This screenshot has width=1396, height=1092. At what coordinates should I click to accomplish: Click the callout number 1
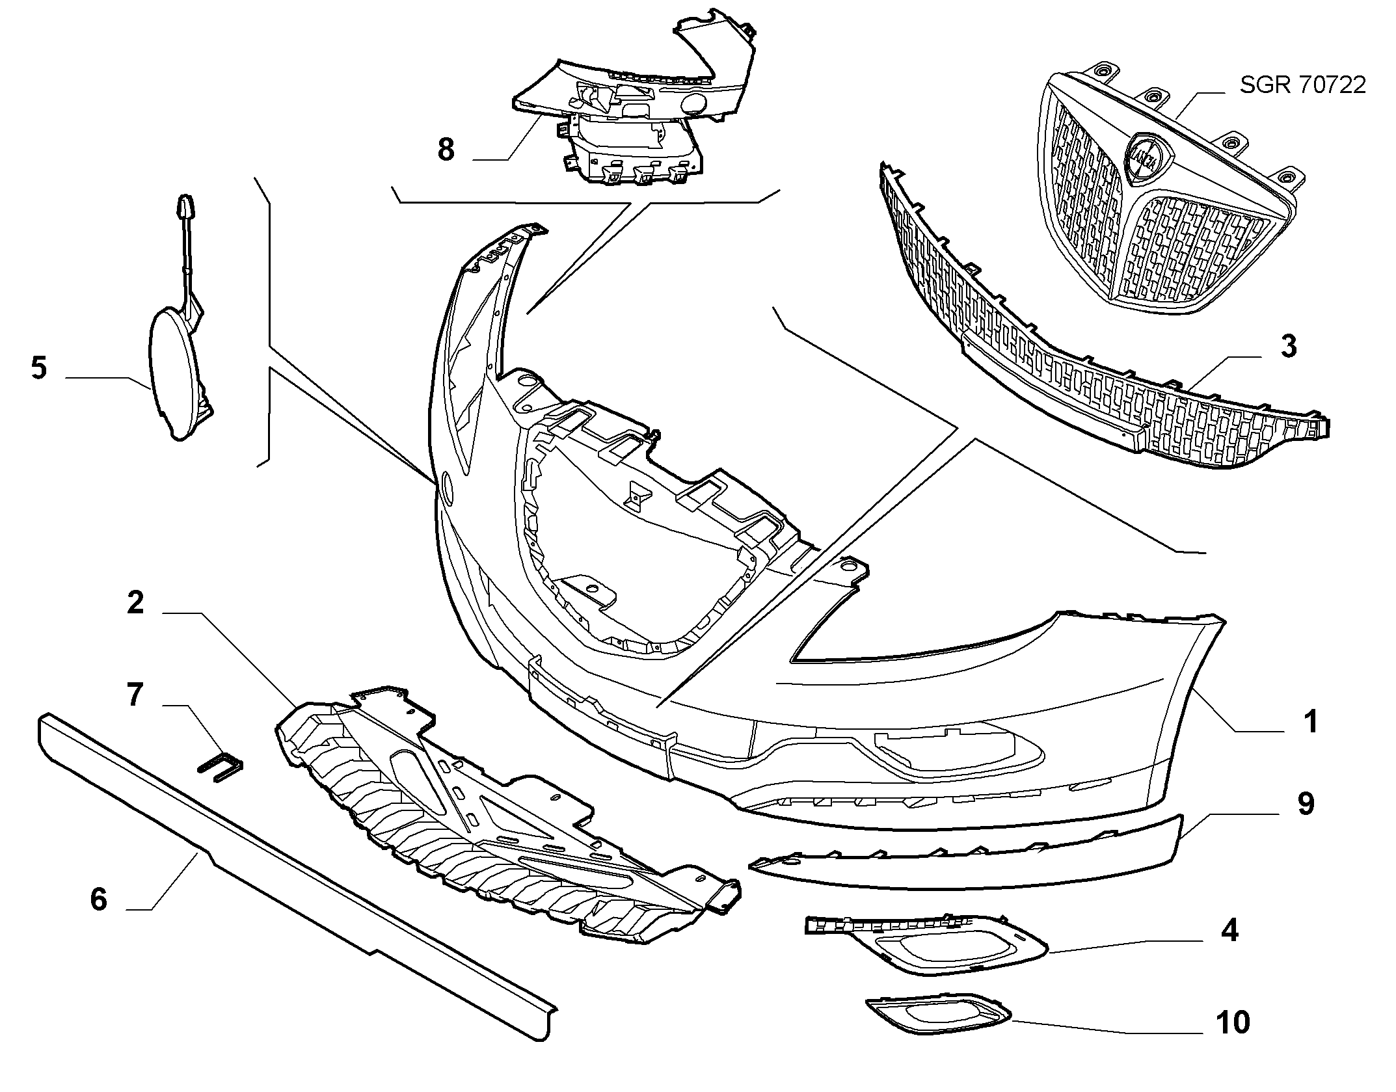(1311, 722)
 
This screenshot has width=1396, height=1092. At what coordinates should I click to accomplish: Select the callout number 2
(135, 603)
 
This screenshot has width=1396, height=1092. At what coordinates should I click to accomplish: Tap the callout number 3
(1289, 347)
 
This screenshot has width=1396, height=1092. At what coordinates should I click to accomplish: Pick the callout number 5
(39, 368)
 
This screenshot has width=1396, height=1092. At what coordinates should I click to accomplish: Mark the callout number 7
(135, 695)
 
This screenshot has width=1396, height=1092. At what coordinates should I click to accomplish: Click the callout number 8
(446, 150)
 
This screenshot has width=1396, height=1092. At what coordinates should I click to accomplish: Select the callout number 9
(1306, 804)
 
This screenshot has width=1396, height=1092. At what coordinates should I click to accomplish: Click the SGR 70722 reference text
(1302, 85)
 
